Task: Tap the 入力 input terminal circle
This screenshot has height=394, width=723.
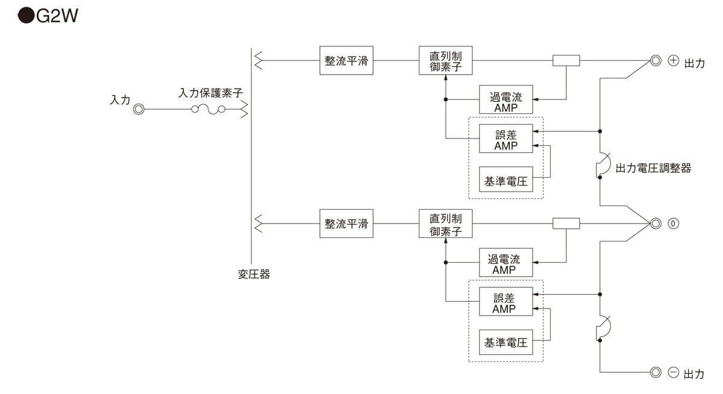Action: (139, 110)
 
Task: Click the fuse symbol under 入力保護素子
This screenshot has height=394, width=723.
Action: (208, 110)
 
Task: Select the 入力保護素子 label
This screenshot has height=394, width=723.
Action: (210, 93)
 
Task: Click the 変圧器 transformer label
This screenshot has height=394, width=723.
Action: (254, 275)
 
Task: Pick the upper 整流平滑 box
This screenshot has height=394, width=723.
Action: (346, 61)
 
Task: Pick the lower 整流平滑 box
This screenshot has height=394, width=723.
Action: (346, 224)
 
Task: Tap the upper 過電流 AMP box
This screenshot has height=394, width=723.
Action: (505, 99)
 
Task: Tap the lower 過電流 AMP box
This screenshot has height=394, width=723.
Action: (505, 263)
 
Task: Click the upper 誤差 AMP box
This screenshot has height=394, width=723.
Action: (505, 139)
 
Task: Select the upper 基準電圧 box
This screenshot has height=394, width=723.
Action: (505, 180)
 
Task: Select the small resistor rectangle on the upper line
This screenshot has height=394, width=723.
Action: (566, 61)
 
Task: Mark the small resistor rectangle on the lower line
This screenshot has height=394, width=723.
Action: (566, 224)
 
